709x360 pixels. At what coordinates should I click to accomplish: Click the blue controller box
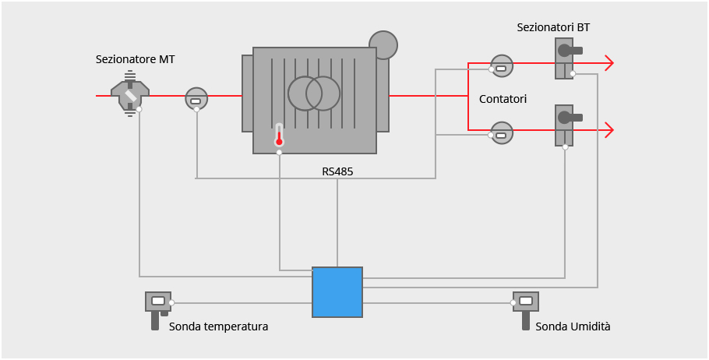pos(337,292)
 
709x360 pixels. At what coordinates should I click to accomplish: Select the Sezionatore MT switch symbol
pos(130,96)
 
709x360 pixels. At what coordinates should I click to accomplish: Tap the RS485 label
pos(337,171)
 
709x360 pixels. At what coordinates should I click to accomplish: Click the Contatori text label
pos(503,99)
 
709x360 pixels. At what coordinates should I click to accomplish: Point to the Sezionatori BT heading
pos(553,27)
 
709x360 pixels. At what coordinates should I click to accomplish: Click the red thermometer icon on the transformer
pos(279,136)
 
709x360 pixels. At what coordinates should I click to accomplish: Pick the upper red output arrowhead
pos(608,64)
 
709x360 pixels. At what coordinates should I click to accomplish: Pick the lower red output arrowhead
pos(608,129)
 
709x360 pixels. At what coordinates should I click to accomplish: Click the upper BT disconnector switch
pos(566,58)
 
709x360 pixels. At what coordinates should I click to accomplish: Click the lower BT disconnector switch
pos(566,125)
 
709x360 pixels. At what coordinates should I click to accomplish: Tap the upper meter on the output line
pos(502,66)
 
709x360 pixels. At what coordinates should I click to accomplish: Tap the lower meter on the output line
pos(502,132)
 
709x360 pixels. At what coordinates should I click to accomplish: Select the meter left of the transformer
pos(196,98)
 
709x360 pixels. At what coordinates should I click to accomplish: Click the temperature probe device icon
pos(158,305)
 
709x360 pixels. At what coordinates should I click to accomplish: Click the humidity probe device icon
pos(526,305)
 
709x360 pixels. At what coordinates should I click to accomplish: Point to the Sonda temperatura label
pos(218,326)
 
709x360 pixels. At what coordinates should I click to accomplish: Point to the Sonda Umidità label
pos(573,326)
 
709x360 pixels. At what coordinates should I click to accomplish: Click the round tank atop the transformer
pos(383,44)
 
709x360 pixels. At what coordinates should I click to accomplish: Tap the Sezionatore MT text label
pos(135,59)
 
